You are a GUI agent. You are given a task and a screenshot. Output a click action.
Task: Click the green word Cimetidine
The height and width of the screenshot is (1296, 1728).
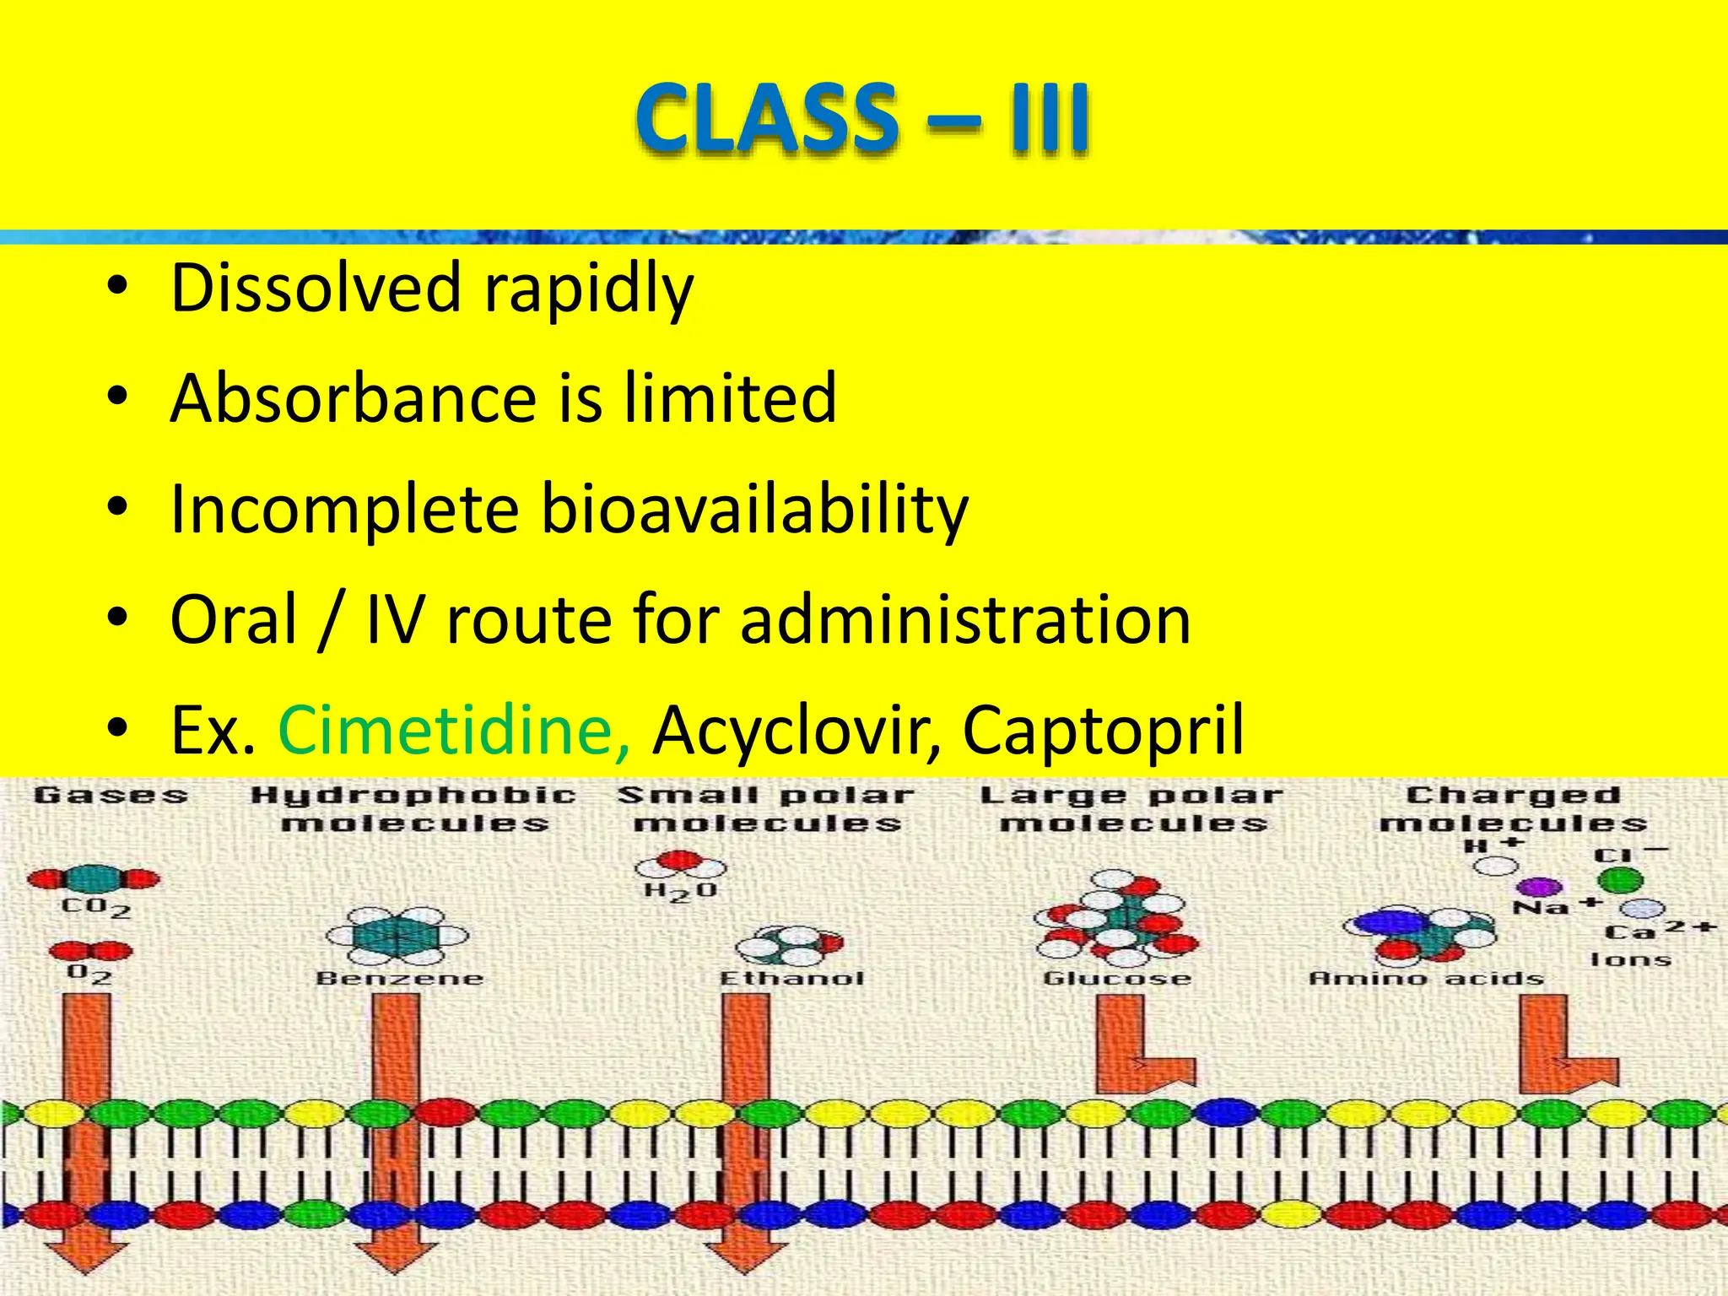click(453, 730)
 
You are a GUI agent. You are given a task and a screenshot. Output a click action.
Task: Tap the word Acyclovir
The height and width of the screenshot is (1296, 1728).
click(796, 730)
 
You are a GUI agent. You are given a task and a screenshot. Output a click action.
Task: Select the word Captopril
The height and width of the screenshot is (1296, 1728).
click(1102, 730)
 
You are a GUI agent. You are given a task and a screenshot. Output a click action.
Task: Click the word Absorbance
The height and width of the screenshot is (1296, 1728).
click(353, 398)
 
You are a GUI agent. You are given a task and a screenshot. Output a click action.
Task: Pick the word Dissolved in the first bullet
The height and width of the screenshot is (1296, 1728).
click(316, 289)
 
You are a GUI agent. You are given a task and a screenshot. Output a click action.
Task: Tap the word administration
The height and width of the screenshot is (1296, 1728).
click(965, 620)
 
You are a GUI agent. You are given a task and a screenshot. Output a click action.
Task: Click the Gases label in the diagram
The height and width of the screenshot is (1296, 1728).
click(111, 795)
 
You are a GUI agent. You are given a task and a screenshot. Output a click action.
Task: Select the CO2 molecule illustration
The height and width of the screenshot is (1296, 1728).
click(93, 879)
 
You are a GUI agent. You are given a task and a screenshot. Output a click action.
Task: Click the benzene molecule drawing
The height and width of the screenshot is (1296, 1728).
click(397, 936)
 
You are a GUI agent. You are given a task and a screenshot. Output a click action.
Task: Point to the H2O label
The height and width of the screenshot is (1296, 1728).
click(680, 891)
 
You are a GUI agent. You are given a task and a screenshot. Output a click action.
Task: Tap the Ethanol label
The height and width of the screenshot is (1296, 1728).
click(791, 979)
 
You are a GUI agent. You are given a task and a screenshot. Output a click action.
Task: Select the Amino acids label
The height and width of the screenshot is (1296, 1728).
click(1426, 979)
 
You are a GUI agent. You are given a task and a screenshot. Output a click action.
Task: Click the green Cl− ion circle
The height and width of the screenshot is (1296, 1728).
click(1620, 881)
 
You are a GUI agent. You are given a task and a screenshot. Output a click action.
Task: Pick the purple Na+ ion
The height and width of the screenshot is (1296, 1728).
click(1540, 887)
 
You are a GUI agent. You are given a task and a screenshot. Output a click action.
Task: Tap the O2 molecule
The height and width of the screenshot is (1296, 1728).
click(90, 952)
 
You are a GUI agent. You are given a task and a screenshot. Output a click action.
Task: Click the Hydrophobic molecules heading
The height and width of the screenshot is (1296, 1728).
click(413, 808)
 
